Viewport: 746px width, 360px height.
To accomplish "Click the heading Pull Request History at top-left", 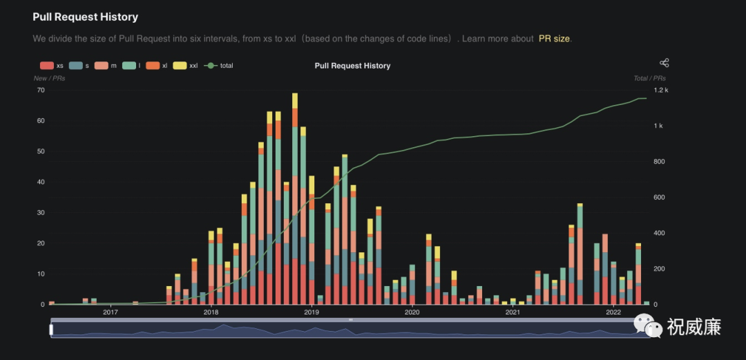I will pos(86,17).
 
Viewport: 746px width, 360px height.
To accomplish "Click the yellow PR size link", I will pos(554,39).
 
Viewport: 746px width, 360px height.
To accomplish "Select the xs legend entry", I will pos(52,66).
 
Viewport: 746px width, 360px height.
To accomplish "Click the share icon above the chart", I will pos(664,63).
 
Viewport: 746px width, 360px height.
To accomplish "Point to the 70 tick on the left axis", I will pos(41,90).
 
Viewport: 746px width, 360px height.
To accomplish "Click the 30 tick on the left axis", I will pos(41,213).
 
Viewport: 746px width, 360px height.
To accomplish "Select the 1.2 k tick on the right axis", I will pos(662,90).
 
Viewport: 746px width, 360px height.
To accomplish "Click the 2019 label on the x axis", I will pos(312,312).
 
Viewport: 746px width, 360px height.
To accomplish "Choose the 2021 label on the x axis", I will pos(513,312).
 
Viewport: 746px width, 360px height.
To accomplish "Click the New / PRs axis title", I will pos(50,78).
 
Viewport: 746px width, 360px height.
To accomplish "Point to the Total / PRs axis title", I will pos(650,78).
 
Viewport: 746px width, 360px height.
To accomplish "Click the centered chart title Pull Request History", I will pos(352,66).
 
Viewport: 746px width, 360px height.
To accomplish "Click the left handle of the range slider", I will pos(51,330).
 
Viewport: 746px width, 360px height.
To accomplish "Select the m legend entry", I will pos(107,66).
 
